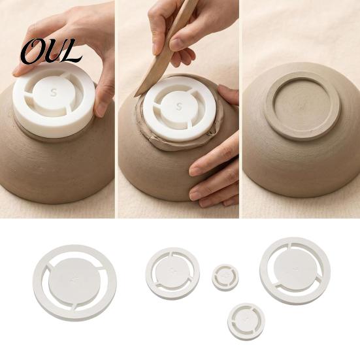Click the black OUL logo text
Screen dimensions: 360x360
click(x=52, y=52)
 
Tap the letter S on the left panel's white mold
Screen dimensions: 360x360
click(x=54, y=93)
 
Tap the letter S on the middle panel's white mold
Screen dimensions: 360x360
click(x=179, y=106)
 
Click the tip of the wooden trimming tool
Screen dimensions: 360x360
click(x=135, y=96)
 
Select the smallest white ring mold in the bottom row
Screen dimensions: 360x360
click(x=225, y=277)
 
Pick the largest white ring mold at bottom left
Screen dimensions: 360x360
click(x=75, y=283)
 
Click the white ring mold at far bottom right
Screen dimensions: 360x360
click(x=295, y=271)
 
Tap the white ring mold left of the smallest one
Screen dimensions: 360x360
click(x=172, y=274)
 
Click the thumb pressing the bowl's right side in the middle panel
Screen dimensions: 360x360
click(x=228, y=95)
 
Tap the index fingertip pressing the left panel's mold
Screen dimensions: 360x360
click(x=18, y=72)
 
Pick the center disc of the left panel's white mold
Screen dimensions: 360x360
click(x=54, y=93)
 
